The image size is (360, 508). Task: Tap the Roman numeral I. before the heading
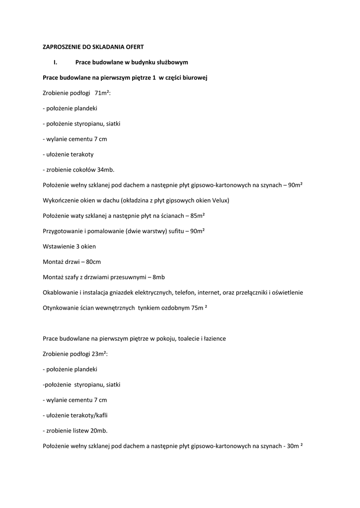point(56,62)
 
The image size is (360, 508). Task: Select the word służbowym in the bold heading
point(173,62)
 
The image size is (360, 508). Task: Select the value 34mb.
point(106,170)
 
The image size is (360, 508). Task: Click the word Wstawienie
point(59,247)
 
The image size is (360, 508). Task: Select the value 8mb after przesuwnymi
point(159,277)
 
